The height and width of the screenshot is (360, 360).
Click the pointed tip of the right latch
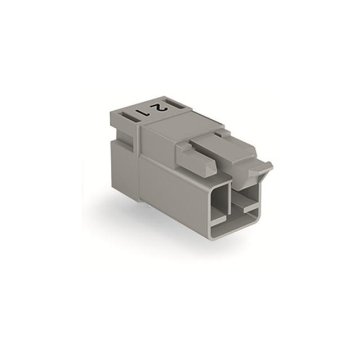(x=271, y=165)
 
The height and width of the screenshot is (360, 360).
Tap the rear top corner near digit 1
(x=112, y=112)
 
